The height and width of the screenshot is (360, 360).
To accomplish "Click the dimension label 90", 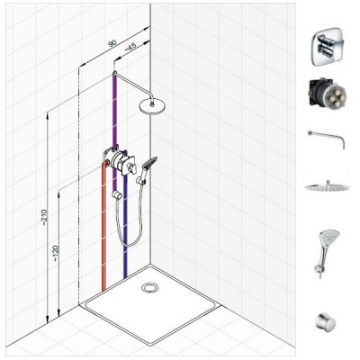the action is click(112, 43).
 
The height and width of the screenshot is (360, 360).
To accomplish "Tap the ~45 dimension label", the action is click(130, 47).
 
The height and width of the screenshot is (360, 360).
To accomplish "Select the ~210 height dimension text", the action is click(45, 218).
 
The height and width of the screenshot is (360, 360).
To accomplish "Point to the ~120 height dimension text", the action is click(57, 254).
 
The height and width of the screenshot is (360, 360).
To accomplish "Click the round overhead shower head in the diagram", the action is click(151, 106).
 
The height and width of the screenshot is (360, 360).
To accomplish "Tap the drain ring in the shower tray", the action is click(149, 287).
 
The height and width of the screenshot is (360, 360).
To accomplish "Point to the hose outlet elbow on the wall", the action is click(117, 195).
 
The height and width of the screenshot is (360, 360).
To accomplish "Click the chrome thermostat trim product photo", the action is click(327, 47).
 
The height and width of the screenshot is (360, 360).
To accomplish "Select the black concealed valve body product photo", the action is click(327, 94).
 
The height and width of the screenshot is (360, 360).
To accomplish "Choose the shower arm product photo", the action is click(327, 139).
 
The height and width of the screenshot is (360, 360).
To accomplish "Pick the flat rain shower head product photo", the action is click(327, 186).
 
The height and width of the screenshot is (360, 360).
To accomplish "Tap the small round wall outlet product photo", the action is click(325, 321).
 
